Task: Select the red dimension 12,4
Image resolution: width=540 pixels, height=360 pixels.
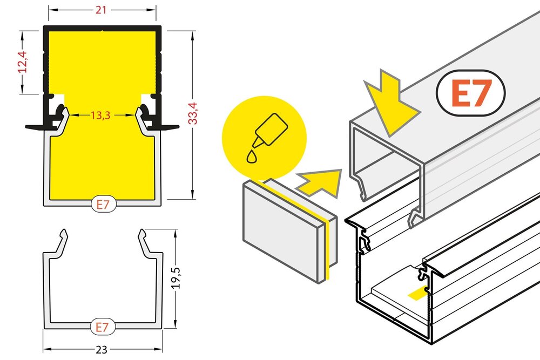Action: coord(22,62)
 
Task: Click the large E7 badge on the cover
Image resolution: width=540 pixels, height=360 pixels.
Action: coord(470,93)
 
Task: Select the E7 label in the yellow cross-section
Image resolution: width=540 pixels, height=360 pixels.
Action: coord(102,205)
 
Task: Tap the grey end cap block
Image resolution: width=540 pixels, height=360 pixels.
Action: coord(281,227)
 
